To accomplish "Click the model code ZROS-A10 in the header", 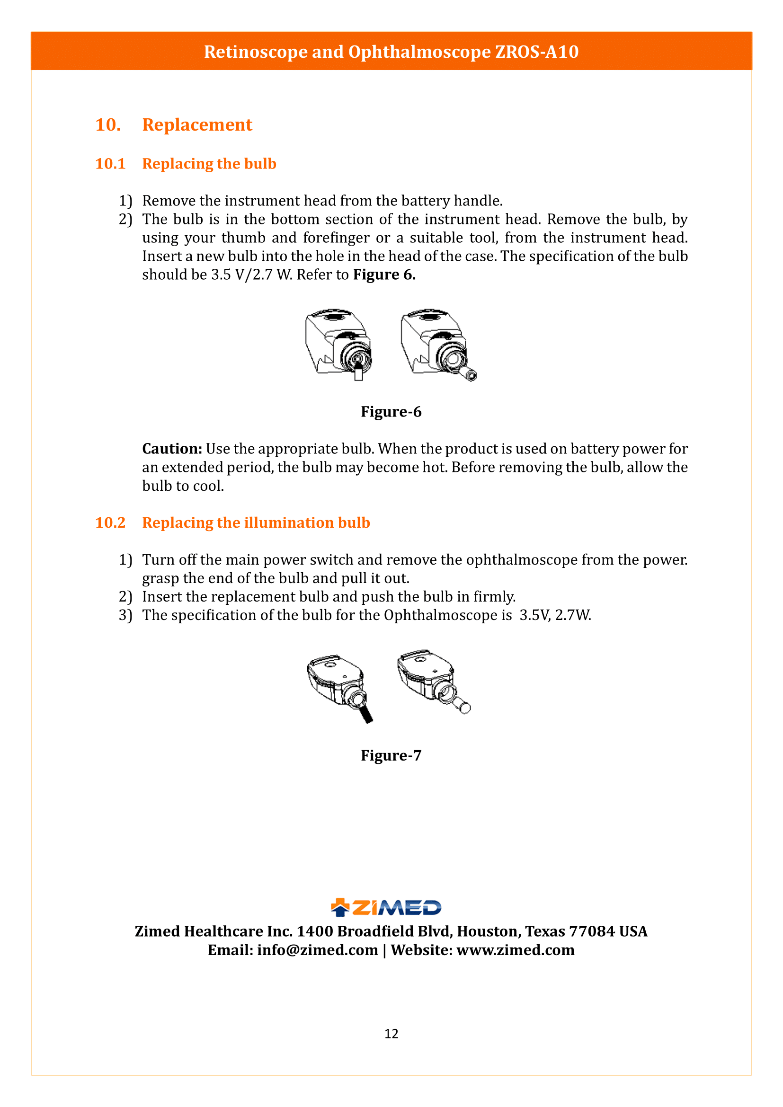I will click(537, 52).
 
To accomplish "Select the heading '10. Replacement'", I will click(174, 125).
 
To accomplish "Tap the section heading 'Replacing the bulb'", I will click(209, 164).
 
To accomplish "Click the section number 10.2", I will click(110, 523).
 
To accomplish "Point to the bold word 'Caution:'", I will click(172, 449).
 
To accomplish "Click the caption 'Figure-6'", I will click(391, 412).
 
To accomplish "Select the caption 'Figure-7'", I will click(391, 755).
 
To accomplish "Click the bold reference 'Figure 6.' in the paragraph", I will click(384, 275).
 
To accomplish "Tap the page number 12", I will click(391, 1034).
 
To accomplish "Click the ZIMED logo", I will click(386, 907).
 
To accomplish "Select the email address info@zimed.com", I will click(317, 950).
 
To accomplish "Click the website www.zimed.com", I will click(516, 950).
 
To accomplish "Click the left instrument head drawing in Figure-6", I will click(338, 343).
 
